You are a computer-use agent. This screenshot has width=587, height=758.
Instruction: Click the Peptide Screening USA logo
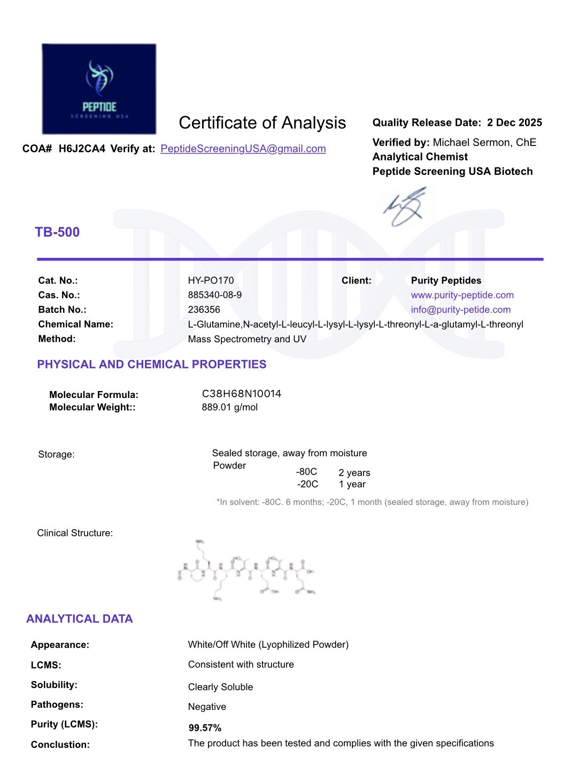coord(99,89)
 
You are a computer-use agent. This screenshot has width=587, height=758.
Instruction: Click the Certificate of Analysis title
coord(262,123)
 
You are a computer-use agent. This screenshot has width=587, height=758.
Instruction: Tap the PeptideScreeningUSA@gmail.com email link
coord(243,149)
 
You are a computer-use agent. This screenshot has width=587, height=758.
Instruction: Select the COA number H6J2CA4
coord(82,149)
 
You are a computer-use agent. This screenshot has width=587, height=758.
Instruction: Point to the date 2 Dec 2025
coord(514,122)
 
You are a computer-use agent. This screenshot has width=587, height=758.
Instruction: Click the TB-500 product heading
coord(57,232)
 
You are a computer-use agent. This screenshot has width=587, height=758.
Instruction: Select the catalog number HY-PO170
coord(211,280)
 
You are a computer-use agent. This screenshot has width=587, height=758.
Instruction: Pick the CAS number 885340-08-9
coord(214,295)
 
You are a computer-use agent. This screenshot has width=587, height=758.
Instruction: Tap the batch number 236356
coord(204,309)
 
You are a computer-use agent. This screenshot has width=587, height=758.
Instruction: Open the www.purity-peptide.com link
coord(462,295)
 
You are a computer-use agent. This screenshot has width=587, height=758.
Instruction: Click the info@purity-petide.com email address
coord(460,309)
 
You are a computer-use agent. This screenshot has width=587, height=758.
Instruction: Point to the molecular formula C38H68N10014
coord(241,394)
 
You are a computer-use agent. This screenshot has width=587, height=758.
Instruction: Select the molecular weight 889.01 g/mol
coord(229,407)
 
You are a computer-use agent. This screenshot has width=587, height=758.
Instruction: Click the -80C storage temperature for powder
coord(306,472)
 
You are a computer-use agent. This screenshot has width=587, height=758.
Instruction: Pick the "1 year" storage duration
coord(352,484)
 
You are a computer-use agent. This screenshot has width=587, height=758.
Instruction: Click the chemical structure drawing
coord(246,570)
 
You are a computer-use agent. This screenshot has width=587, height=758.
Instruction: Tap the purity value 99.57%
coord(205,728)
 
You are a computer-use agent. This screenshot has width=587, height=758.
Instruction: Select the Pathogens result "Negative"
coord(207,707)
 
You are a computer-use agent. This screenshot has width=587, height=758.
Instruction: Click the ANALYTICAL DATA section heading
coord(79,619)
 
